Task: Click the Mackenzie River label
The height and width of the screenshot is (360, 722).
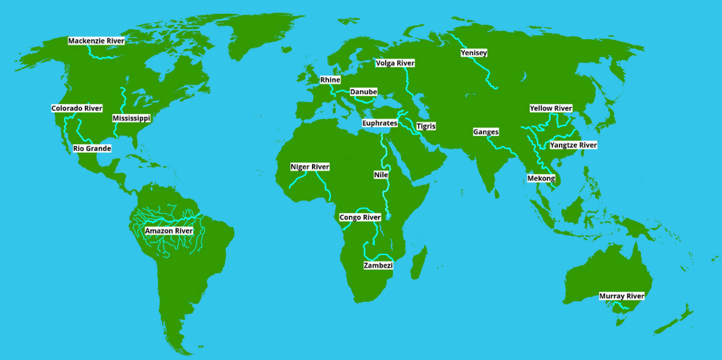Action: (x=96, y=41)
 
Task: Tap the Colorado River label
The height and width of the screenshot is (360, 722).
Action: (x=76, y=108)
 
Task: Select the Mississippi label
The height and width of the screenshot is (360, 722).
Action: (x=131, y=119)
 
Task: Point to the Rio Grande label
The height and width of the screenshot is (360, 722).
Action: (x=92, y=149)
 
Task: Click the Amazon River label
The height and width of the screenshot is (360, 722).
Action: (x=169, y=231)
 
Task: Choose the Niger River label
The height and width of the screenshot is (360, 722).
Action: (x=310, y=167)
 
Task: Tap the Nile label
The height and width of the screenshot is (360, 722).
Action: (x=380, y=175)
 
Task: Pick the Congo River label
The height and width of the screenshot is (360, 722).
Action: (x=360, y=218)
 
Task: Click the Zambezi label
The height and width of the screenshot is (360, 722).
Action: (x=378, y=266)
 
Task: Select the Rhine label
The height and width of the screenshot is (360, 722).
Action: (x=330, y=80)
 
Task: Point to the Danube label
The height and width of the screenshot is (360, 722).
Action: (x=363, y=92)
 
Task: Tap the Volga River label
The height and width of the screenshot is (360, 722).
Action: (x=395, y=63)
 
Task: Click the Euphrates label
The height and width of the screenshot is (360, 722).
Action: (x=379, y=123)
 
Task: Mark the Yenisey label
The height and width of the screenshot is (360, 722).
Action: (x=474, y=54)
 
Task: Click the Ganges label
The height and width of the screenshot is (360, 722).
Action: (x=486, y=132)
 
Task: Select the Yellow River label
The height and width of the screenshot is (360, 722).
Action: (x=550, y=108)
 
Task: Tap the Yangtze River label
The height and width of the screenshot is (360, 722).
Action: (x=573, y=145)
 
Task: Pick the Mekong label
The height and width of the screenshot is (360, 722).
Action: (x=541, y=179)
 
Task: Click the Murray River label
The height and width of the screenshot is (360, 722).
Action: (x=622, y=297)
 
